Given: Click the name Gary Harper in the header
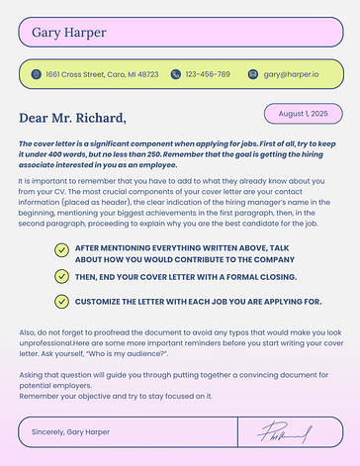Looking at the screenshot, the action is point(68,32).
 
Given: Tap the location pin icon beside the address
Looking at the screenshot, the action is point(36,74).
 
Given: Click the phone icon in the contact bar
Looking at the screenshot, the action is point(175,74).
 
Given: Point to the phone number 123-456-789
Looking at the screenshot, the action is point(208,74).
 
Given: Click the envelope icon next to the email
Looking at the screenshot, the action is point(253,74).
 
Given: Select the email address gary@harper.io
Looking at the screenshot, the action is point(291,74).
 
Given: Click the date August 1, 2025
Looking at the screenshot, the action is point(303,114).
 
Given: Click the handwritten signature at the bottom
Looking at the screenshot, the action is point(285,432).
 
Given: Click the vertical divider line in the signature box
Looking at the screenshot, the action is point(238,432).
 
